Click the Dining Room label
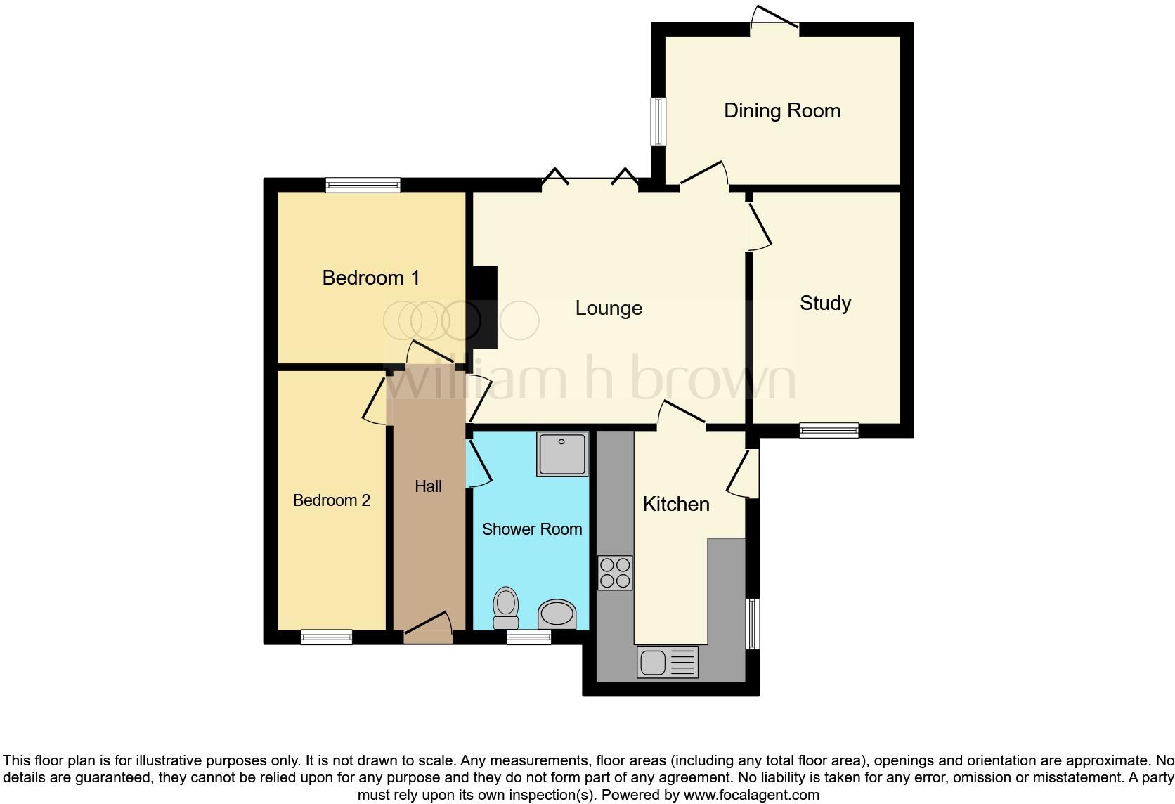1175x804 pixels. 782,110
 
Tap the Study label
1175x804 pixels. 825,303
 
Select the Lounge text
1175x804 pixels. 609,308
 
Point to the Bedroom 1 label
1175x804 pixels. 371,278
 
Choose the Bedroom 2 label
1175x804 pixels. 331,500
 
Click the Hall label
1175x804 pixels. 428,486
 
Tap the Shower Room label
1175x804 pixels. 532,529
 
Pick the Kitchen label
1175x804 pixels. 676,504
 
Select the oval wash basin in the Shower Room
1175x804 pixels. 557,614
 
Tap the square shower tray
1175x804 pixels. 562,454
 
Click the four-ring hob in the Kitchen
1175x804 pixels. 615,572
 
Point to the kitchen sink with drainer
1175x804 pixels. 668,662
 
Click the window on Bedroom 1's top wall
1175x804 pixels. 363,186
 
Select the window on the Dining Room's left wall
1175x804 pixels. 658,122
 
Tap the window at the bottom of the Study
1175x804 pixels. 829,430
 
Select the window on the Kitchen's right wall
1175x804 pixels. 753,623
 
